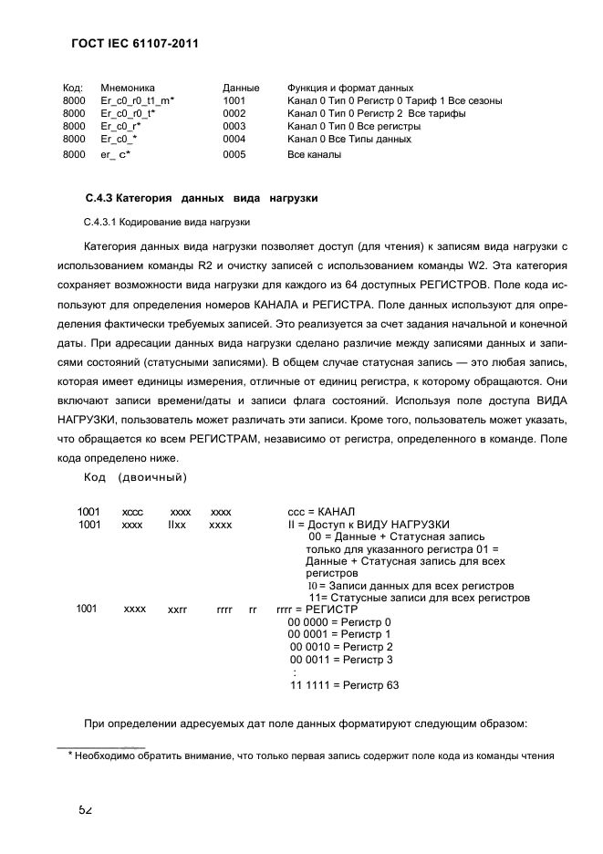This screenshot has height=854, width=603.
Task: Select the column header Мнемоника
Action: click(x=128, y=88)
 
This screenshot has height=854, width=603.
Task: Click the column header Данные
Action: click(x=241, y=88)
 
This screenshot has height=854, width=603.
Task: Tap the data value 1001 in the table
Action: click(x=234, y=100)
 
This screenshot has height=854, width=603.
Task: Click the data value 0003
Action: click(x=234, y=126)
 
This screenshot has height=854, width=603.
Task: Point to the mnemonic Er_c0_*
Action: click(x=120, y=139)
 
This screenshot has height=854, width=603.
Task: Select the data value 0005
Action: click(x=234, y=154)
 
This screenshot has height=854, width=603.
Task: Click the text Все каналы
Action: click(x=314, y=154)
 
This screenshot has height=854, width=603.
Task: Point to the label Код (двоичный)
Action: click(x=136, y=477)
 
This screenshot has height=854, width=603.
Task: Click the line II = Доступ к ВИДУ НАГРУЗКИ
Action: click(x=368, y=525)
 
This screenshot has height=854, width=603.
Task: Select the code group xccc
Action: click(x=132, y=512)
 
